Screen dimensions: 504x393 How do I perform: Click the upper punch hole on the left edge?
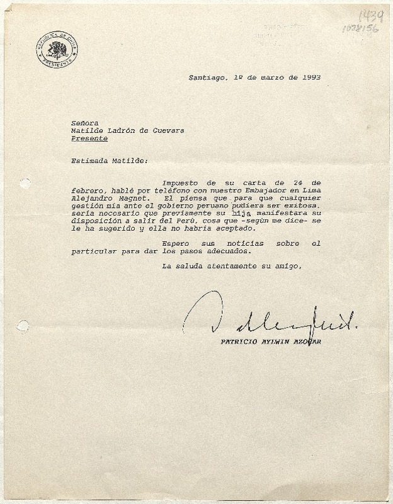[24, 183]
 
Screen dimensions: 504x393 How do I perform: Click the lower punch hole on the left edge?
[22, 326]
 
